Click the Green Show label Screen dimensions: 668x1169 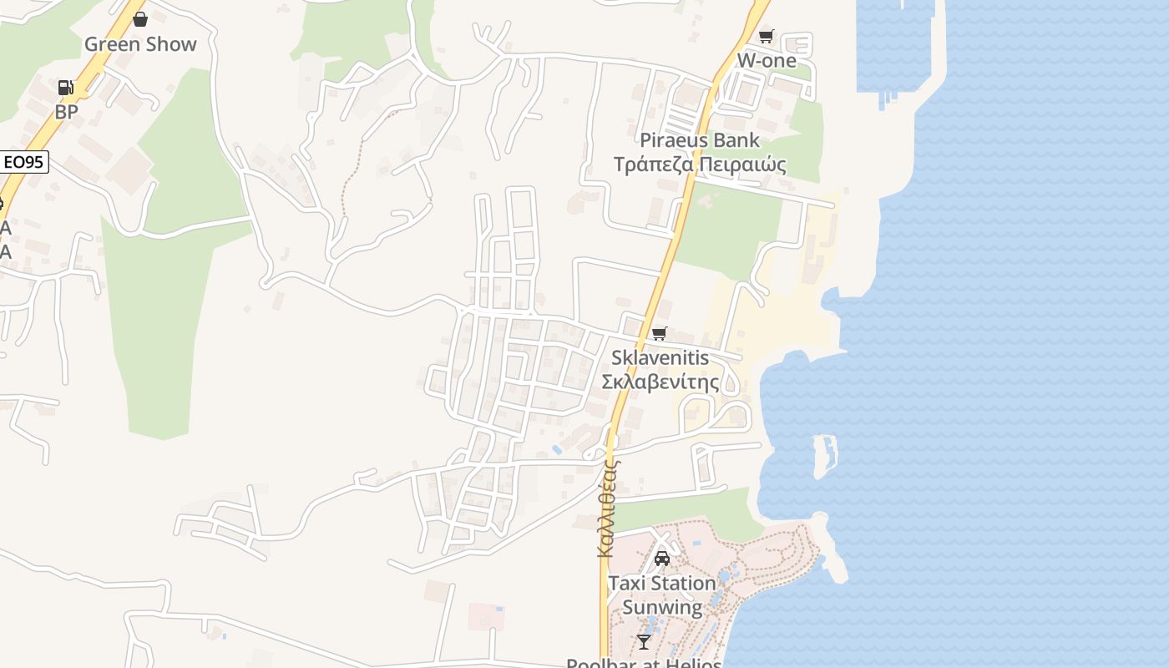click(140, 44)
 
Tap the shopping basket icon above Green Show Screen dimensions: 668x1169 click(140, 18)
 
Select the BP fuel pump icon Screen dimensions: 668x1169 click(65, 88)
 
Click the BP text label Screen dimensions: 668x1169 click(66, 111)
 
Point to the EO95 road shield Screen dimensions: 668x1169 click(23, 162)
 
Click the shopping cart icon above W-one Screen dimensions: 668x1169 click(767, 36)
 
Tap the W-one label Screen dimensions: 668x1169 click(767, 61)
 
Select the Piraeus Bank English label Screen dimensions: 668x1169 click(700, 139)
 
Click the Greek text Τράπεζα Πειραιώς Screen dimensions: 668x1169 click(700, 164)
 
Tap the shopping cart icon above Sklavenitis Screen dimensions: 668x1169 click(660, 334)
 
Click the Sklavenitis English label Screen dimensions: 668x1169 click(660, 358)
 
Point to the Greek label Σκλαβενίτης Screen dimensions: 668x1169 click(660, 382)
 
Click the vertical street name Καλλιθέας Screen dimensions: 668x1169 click(607, 508)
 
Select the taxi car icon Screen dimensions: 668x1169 click(662, 559)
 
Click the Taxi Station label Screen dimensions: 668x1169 click(662, 583)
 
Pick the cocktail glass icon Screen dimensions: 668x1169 click(644, 641)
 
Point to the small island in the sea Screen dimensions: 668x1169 click(825, 455)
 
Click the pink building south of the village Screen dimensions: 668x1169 click(485, 617)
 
